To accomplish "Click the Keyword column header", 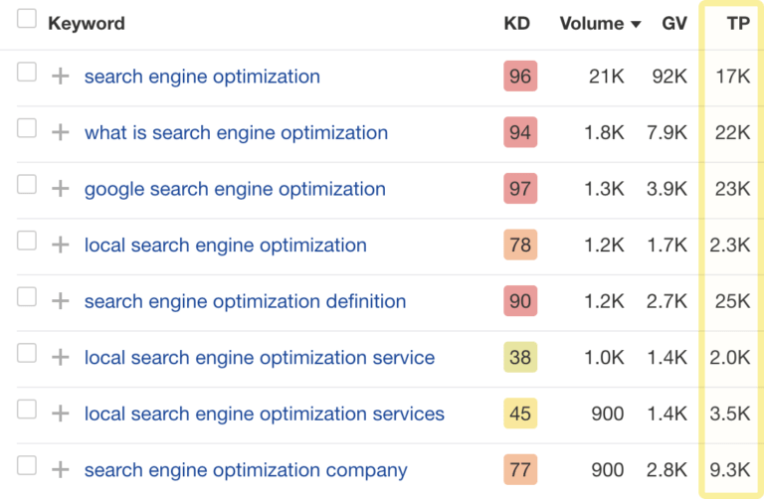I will click(86, 23).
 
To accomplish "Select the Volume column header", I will click(593, 23).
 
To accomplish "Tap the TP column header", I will click(737, 23).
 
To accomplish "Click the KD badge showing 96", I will click(520, 77).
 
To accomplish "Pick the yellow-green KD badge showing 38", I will click(520, 358).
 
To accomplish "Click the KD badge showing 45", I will click(520, 415).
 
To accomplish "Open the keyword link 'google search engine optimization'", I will click(235, 189).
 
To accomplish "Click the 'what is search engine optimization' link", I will click(236, 133).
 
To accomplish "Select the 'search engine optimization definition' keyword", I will click(245, 301).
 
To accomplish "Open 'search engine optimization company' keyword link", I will click(246, 470).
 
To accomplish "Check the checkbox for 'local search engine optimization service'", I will click(27, 356).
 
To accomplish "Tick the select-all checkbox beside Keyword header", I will click(27, 20).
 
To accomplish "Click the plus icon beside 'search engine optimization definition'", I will click(61, 301).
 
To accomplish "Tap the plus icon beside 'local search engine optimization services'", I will click(61, 414).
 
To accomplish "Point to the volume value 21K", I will click(606, 77).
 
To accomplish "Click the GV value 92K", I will click(669, 77).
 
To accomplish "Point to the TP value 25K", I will click(733, 301).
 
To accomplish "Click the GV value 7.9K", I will click(668, 133).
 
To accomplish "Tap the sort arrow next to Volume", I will click(636, 24).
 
